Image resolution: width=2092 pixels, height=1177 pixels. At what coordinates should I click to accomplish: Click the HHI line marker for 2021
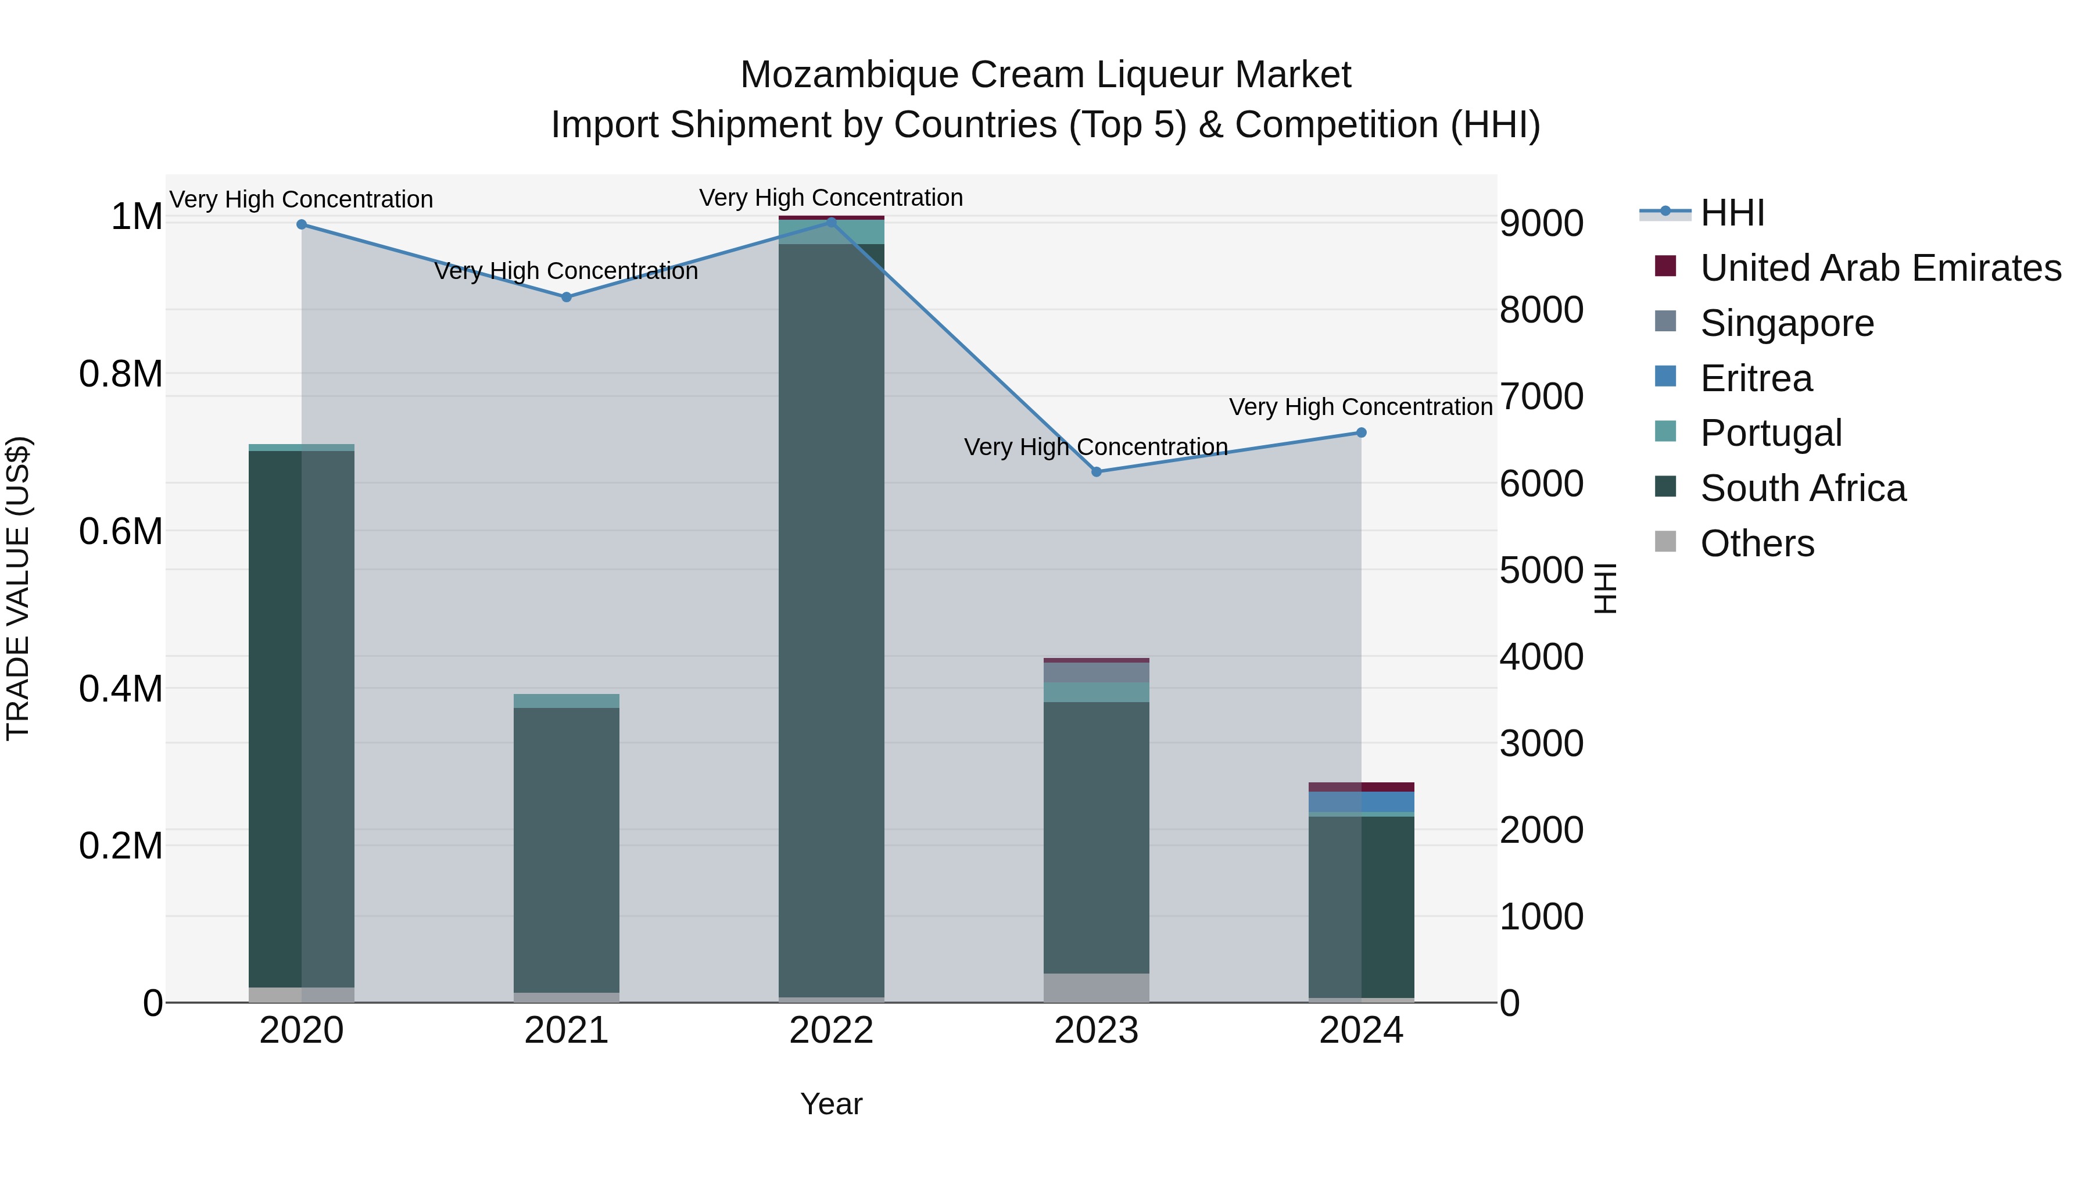(x=566, y=297)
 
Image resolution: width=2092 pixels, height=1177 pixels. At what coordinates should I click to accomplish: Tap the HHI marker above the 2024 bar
(x=1361, y=433)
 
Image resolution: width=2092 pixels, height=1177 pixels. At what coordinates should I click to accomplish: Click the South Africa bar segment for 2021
(x=566, y=849)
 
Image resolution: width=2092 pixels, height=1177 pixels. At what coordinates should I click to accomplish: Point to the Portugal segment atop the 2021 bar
(x=566, y=701)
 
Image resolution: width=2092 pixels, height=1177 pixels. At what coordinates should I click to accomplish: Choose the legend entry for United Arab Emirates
(x=1880, y=268)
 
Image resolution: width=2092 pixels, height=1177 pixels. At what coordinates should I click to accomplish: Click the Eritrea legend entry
(x=1756, y=378)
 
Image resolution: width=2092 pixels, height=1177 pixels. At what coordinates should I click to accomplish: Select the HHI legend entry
(x=1732, y=213)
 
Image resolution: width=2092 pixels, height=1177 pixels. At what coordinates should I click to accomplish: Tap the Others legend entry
(x=1757, y=543)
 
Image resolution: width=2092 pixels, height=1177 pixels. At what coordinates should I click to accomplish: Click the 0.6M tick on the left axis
(x=120, y=532)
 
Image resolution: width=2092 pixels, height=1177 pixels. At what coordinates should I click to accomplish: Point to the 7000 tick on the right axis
(x=1541, y=397)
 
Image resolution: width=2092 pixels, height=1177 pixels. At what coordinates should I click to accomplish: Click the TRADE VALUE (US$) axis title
(x=18, y=588)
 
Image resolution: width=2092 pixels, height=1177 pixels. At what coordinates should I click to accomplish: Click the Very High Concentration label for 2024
(x=1360, y=407)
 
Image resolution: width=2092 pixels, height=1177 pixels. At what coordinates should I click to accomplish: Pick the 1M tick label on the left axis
(x=137, y=217)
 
